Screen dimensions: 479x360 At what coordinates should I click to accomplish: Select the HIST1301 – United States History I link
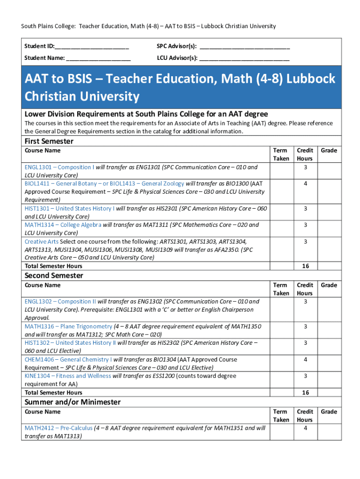point(69,208)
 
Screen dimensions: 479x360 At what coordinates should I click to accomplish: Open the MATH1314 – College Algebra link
point(63,225)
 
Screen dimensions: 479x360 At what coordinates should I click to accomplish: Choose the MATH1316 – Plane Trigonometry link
point(68,327)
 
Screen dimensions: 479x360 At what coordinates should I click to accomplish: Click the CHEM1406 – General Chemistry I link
point(68,360)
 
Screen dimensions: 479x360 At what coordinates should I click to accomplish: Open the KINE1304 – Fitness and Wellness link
point(68,376)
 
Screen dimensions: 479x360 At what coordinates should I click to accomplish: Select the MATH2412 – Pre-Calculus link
point(58,428)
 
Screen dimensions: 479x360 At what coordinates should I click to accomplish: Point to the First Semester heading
point(49,141)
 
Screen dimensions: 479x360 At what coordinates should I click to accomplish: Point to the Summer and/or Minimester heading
point(72,402)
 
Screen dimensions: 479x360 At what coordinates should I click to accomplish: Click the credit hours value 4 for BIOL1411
point(305,183)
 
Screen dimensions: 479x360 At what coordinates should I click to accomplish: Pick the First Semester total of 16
point(305,266)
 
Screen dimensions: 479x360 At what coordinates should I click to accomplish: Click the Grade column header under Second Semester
point(329,285)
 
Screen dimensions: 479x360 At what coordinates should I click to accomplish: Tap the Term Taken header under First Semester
point(281,154)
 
